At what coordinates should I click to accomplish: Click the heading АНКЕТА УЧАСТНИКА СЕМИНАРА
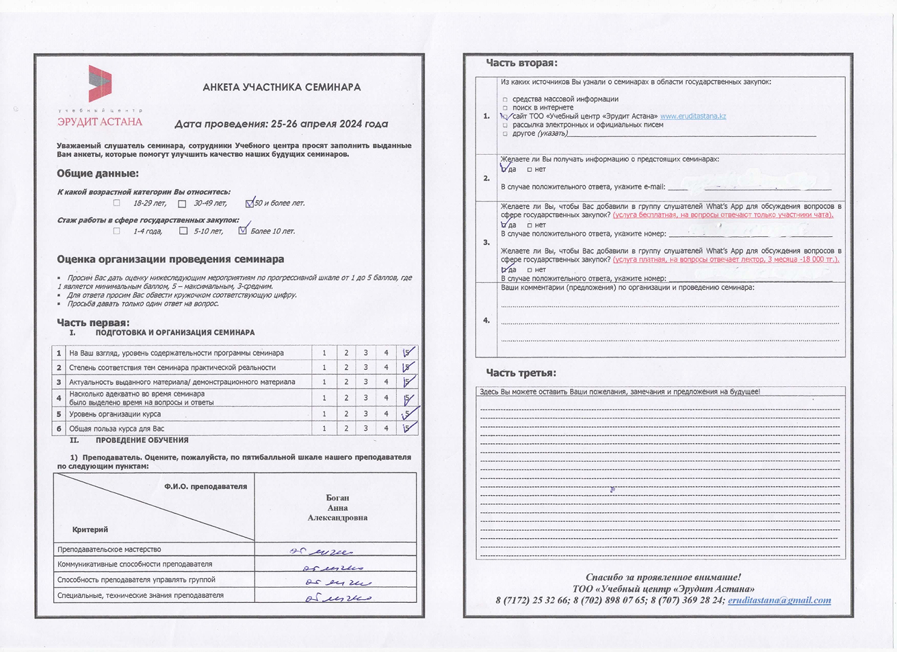pyautogui.click(x=282, y=88)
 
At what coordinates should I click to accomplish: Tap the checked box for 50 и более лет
pyautogui.click(x=250, y=203)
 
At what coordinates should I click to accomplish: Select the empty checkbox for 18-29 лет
pyautogui.click(x=116, y=203)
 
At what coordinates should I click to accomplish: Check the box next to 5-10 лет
pyautogui.click(x=183, y=231)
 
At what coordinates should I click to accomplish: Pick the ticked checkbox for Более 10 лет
pyautogui.click(x=242, y=231)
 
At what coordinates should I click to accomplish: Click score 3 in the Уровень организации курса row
pyautogui.click(x=366, y=414)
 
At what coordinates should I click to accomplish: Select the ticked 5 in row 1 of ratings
pyautogui.click(x=408, y=353)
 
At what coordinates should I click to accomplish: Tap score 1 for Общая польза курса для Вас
pyautogui.click(x=324, y=429)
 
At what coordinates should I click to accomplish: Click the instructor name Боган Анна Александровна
pyautogui.click(x=337, y=508)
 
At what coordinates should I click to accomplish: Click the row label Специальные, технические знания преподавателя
pyautogui.click(x=140, y=596)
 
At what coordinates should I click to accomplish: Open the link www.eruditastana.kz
pyautogui.click(x=693, y=116)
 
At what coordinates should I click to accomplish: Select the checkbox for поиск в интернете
pyautogui.click(x=505, y=108)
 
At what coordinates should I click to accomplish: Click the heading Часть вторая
pyautogui.click(x=521, y=63)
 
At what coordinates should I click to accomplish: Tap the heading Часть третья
pyautogui.click(x=521, y=373)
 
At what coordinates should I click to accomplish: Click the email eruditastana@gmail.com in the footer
pyautogui.click(x=779, y=600)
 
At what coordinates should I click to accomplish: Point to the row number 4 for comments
pyautogui.click(x=486, y=320)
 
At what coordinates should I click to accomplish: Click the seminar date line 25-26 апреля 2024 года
pyautogui.click(x=281, y=125)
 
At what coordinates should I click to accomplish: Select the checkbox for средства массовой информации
pyautogui.click(x=505, y=99)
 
